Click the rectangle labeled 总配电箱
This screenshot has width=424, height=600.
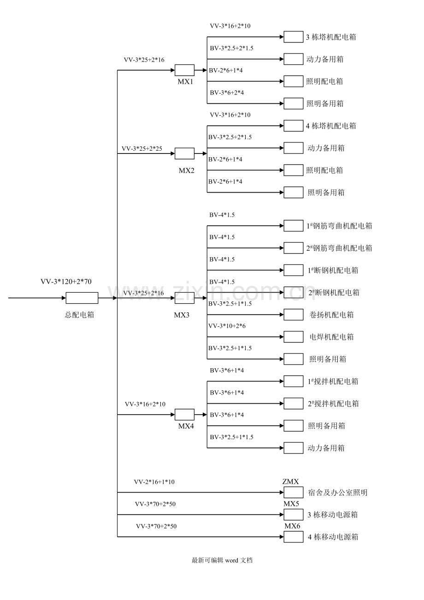[82, 298]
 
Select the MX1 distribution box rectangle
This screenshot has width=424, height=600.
[184, 71]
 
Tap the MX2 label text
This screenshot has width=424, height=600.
[186, 171]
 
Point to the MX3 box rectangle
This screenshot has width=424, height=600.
[184, 298]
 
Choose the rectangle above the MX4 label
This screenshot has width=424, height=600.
[184, 414]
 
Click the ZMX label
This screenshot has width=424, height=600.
[290, 482]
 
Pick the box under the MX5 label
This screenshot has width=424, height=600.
[293, 514]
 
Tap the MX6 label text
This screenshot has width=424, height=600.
[292, 526]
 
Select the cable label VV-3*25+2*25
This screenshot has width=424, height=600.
[141, 149]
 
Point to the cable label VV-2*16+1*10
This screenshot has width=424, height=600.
[154, 482]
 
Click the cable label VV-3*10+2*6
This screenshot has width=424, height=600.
[227, 326]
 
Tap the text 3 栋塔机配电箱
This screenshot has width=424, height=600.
[331, 37]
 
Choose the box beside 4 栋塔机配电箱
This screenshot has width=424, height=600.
[293, 126]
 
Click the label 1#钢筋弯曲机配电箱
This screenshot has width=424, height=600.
[339, 226]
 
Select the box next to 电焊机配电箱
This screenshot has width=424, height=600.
[293, 337]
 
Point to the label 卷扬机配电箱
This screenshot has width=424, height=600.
[331, 315]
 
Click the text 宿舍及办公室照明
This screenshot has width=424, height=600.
[337, 493]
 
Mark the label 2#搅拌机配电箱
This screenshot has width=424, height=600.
[333, 404]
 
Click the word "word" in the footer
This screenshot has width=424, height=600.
[232, 560]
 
